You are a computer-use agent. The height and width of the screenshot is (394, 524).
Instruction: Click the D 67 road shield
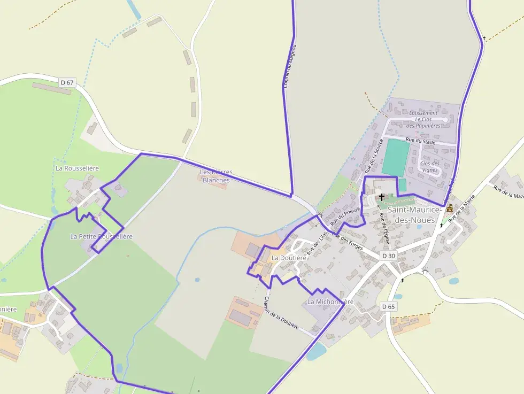click(x=67, y=82)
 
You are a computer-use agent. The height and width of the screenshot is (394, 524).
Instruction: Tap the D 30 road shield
click(x=389, y=256)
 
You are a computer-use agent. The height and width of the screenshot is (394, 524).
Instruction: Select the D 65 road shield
click(x=389, y=306)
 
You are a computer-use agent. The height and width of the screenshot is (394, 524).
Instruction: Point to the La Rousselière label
click(x=78, y=168)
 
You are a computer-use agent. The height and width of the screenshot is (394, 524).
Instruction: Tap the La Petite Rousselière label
click(x=101, y=236)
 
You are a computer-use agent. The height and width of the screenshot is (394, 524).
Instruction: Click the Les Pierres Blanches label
click(x=216, y=176)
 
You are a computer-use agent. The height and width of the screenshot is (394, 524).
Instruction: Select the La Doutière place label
click(x=289, y=258)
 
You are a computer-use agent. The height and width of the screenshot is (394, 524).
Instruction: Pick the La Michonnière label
click(x=330, y=302)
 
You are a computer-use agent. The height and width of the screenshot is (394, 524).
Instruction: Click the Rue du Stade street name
click(x=420, y=141)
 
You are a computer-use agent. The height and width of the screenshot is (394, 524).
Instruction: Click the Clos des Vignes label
click(x=430, y=167)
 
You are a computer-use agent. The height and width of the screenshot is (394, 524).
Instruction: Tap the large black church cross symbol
click(x=382, y=197)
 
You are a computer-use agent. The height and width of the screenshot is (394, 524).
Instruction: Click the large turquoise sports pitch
click(x=396, y=157)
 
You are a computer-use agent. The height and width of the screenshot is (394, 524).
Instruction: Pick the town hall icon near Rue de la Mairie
click(x=450, y=208)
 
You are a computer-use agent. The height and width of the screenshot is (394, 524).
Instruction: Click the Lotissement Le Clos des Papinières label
click(x=423, y=119)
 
